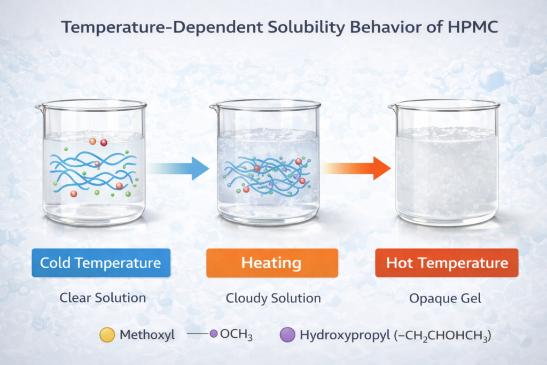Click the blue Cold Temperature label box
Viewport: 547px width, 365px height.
coord(101,263)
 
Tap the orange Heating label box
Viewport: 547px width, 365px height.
coord(272,263)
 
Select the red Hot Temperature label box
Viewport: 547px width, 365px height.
coord(447,263)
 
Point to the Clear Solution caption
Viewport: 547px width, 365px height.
coord(101,298)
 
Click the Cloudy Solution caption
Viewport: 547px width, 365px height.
coord(273,298)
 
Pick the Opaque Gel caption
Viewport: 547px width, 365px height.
coord(446,298)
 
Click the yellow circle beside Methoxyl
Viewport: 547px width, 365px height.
coord(107,335)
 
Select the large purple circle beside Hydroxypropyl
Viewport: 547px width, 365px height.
coord(287,335)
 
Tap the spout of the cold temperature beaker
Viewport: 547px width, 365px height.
coord(39,109)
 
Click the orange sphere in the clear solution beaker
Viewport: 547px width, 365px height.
coord(92,142)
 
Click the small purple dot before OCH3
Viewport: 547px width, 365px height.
coord(214,334)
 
